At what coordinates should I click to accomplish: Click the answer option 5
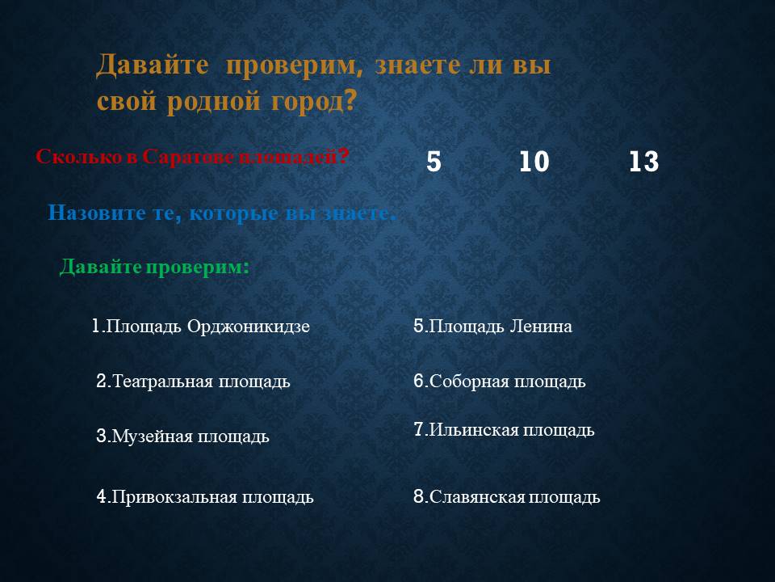click(434, 162)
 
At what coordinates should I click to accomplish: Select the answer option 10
click(534, 162)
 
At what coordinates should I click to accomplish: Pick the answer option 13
click(643, 162)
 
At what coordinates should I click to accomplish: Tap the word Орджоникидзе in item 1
click(249, 327)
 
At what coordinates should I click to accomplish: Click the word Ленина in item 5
click(541, 327)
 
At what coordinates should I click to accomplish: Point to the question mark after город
click(350, 100)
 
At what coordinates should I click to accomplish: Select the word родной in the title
click(213, 102)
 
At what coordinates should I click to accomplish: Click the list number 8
click(419, 496)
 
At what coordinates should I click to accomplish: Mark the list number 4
click(102, 496)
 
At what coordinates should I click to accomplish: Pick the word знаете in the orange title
click(418, 65)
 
